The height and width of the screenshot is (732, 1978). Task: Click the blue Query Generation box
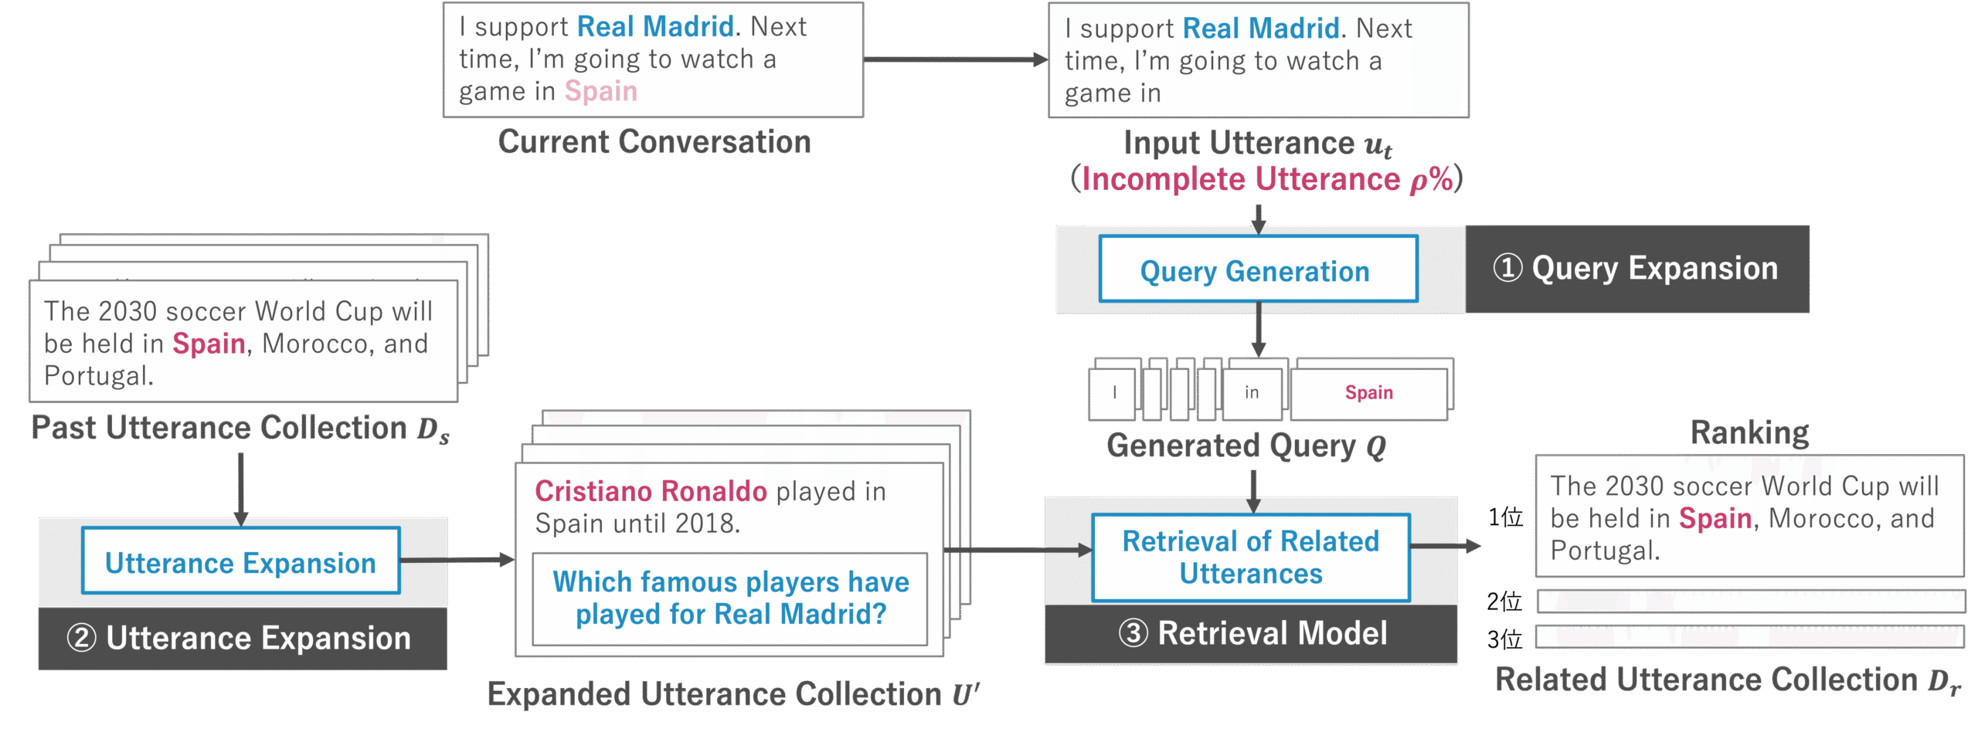click(1258, 269)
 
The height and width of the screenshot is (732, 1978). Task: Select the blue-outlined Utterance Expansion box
click(240, 561)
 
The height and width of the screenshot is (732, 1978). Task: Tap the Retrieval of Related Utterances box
click(1250, 557)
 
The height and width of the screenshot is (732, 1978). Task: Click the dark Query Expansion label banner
click(1636, 269)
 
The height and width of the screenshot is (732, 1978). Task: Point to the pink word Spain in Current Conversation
click(600, 91)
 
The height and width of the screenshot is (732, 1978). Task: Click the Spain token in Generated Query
click(1368, 393)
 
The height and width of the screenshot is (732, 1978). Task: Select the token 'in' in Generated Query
click(1252, 393)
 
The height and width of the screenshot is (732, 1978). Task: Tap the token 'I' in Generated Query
click(1114, 393)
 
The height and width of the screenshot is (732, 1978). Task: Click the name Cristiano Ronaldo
click(651, 491)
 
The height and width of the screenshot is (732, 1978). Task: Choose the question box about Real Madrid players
click(730, 598)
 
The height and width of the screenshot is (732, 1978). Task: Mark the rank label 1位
click(1505, 517)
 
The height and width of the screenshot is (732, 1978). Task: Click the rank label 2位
click(1504, 601)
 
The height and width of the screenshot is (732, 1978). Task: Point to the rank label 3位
click(1504, 639)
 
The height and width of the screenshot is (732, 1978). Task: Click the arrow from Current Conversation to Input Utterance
click(955, 59)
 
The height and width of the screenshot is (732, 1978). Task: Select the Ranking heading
click(1749, 432)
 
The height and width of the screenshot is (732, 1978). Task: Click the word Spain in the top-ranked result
click(1715, 518)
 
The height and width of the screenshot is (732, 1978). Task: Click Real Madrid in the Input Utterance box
click(1261, 29)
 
